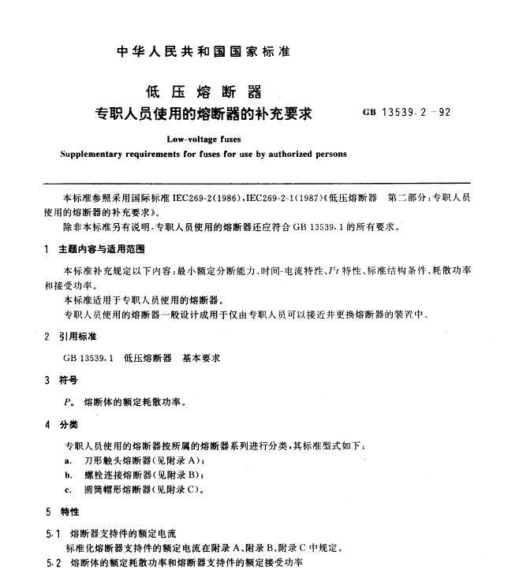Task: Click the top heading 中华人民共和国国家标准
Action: pyautogui.click(x=203, y=51)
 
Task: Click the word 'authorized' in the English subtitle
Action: pyautogui.click(x=290, y=154)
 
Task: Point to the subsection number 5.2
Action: pyautogui.click(x=54, y=562)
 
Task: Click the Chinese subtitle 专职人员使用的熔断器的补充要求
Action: pyautogui.click(x=203, y=113)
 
